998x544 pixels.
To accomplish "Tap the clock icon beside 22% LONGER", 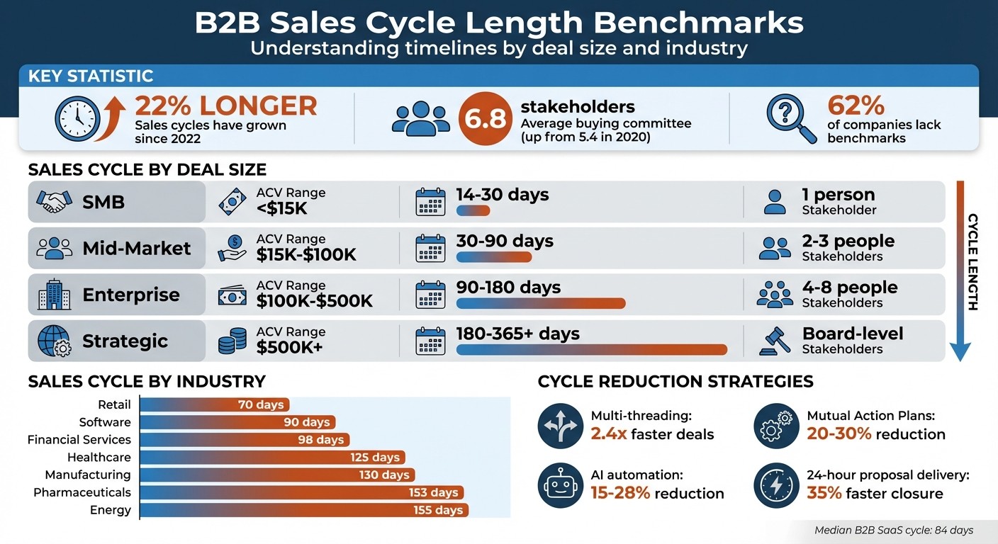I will [77, 118].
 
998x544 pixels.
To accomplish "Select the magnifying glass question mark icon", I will [789, 118].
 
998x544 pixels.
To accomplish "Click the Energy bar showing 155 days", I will [305, 510].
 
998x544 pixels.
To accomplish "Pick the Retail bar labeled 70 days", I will [215, 405].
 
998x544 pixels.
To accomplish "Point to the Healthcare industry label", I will [99, 458].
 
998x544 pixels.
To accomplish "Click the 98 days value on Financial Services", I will [320, 440].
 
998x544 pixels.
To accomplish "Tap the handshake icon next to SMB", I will [55, 203].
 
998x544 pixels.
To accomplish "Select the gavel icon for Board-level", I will [774, 341].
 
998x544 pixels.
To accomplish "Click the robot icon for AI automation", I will [560, 485].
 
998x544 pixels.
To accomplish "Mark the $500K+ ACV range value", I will [289, 347].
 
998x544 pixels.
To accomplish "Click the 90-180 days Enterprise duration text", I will [508, 287].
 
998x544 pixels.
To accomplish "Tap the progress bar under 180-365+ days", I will [592, 349].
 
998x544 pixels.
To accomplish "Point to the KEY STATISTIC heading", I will [91, 76].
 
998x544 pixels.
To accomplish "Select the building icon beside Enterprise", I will [55, 295].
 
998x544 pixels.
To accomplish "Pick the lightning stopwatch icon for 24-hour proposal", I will [776, 485].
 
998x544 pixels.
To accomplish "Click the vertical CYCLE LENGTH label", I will [972, 262].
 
